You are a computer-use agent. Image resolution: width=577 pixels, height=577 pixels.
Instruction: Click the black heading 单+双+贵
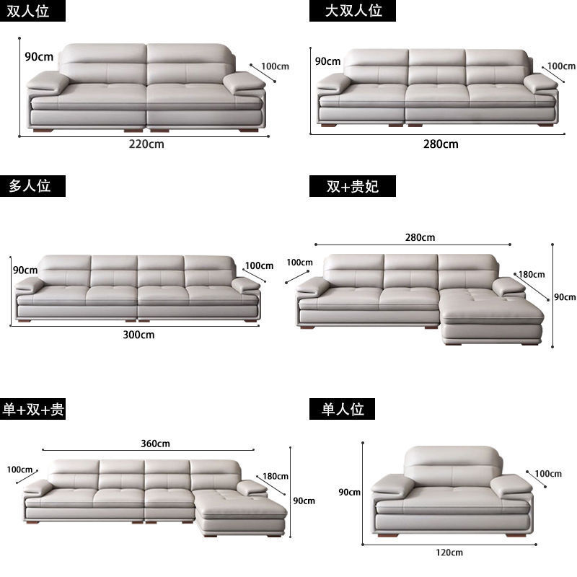click(x=33, y=410)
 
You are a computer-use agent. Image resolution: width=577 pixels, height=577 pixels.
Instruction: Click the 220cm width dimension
click(x=147, y=143)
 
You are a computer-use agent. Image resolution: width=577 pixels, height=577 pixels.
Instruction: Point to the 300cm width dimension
click(x=138, y=334)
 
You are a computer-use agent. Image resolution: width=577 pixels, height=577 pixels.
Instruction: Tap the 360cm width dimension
click(x=155, y=443)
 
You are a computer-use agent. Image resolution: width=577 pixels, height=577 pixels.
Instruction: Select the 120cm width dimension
click(x=449, y=552)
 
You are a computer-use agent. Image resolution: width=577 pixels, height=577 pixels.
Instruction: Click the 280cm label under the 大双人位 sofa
click(x=441, y=144)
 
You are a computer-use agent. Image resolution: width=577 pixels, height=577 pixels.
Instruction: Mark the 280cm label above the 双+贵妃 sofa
click(x=420, y=237)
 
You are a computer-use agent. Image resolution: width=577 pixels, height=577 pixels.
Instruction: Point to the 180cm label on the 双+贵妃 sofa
click(x=532, y=274)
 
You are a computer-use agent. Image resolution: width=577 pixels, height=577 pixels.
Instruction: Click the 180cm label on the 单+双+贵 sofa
click(x=276, y=475)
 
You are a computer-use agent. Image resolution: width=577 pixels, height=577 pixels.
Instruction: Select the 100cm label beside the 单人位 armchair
click(x=547, y=474)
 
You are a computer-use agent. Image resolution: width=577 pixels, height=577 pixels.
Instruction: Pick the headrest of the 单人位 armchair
click(x=452, y=459)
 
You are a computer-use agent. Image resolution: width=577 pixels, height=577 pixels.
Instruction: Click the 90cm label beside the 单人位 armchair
click(x=349, y=492)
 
